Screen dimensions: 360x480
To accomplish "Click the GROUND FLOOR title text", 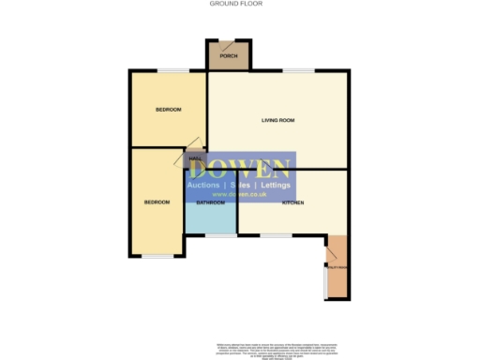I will pyautogui.click(x=235, y=4).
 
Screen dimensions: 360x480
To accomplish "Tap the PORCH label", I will pyautogui.click(x=229, y=57).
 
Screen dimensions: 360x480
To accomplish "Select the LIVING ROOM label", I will pyautogui.click(x=278, y=120).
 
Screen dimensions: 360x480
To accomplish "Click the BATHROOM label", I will pyautogui.click(x=210, y=202).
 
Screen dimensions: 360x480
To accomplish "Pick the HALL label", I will pyautogui.click(x=196, y=158).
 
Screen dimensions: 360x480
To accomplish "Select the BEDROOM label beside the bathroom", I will pyautogui.click(x=157, y=202).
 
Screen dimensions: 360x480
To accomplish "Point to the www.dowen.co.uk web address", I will pyautogui.click(x=240, y=194).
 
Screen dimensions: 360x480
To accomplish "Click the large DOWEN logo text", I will pyautogui.click(x=240, y=169).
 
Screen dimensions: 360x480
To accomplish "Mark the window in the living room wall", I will pyautogui.click(x=299, y=70).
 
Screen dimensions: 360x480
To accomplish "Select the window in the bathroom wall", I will pyautogui.click(x=221, y=234).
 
